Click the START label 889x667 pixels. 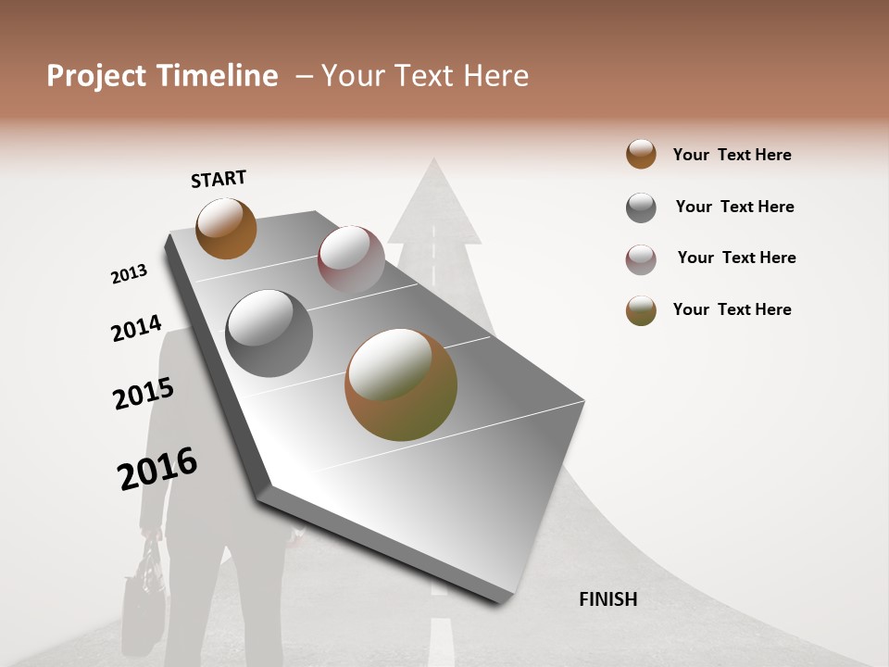219,179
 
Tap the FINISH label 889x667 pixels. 607,599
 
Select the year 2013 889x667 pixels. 129,274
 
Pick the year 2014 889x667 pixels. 136,329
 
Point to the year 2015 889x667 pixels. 144,394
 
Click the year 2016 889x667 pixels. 157,469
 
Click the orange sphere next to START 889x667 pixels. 226,228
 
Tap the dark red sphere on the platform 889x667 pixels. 351,258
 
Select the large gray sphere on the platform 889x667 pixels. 269,333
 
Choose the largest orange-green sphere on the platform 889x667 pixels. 401,384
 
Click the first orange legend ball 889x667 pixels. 641,155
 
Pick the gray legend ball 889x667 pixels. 641,208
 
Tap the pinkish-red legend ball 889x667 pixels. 641,259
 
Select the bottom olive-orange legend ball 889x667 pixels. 641,310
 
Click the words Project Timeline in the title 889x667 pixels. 162,76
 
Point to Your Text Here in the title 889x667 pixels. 425,76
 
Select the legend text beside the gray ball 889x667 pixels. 734,207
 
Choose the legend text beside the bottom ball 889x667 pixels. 732,309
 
